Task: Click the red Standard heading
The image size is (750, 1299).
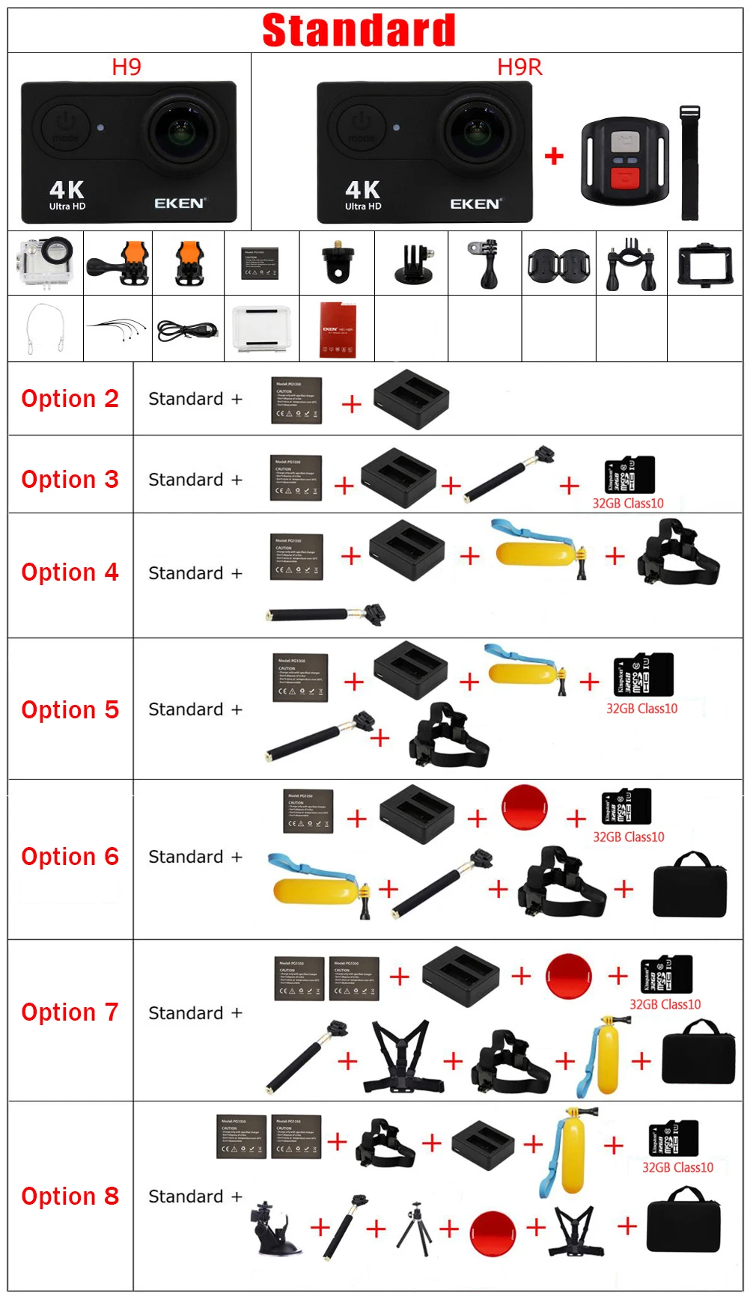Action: click(359, 31)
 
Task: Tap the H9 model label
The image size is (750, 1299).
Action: click(126, 67)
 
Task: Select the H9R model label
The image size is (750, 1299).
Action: click(519, 67)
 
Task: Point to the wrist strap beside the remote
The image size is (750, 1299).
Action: click(689, 164)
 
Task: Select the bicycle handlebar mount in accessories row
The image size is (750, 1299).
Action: click(631, 263)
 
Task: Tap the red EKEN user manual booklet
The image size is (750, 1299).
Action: click(337, 329)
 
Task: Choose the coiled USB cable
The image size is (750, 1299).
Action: click(187, 330)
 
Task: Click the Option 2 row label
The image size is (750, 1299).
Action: click(70, 399)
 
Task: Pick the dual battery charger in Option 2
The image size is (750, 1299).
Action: click(411, 398)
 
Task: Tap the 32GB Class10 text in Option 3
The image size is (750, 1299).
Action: click(628, 504)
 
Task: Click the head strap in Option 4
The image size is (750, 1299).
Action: click(677, 554)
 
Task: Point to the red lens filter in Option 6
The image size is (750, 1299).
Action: click(525, 807)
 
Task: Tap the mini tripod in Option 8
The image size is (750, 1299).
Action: click(414, 1228)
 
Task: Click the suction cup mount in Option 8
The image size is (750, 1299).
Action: click(274, 1228)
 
